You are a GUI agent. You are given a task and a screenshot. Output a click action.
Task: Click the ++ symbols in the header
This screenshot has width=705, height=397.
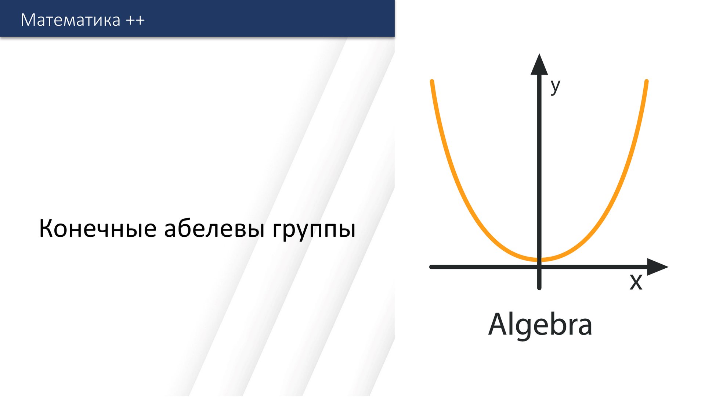(135, 20)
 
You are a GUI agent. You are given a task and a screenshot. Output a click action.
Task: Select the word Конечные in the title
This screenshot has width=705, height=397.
(98, 229)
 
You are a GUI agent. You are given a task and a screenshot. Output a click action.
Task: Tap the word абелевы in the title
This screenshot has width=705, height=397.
(214, 229)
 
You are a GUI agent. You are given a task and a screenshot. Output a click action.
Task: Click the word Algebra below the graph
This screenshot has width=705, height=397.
(540, 325)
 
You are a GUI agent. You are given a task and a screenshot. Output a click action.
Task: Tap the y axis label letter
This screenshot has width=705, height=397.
(555, 87)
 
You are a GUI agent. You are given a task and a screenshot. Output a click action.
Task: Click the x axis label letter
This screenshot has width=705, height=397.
(636, 282)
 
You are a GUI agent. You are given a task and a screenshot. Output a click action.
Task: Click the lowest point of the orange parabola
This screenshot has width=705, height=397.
(539, 260)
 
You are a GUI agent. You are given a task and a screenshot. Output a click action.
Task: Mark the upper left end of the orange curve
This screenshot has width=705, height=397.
(432, 81)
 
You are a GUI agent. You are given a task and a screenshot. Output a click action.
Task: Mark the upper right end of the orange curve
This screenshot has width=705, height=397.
(647, 81)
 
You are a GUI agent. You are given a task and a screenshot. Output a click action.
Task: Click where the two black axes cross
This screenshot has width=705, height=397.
(539, 267)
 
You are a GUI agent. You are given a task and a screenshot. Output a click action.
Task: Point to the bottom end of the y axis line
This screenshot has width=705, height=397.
(539, 288)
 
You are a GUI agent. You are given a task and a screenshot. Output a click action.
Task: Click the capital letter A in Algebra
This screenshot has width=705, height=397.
(498, 324)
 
